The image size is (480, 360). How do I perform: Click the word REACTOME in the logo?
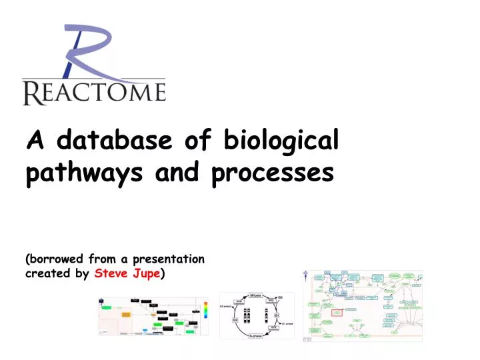coord(93,91)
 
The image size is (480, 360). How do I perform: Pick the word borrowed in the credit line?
coord(52,259)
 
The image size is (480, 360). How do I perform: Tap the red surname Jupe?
coord(145,274)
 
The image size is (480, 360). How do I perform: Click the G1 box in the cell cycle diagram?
coord(276,315)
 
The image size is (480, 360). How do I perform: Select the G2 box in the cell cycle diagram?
coord(235,320)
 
